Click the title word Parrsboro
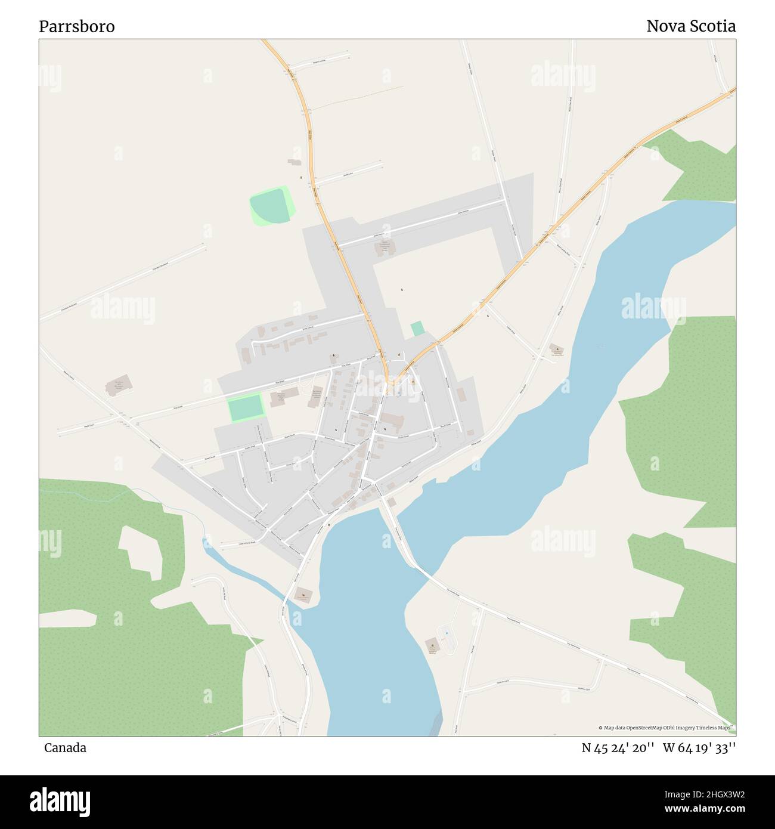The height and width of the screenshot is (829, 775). [x=77, y=26]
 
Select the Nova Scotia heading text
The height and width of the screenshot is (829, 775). [x=691, y=26]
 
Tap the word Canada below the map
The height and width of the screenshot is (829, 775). [x=65, y=748]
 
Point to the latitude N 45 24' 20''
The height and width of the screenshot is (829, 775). [x=618, y=748]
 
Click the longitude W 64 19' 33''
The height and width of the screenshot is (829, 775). [x=699, y=748]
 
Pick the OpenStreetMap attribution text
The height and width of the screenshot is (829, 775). [x=664, y=728]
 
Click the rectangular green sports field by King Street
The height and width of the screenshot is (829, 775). [x=244, y=408]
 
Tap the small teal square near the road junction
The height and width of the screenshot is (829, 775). [x=417, y=329]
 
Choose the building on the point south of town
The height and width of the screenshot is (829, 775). [x=304, y=594]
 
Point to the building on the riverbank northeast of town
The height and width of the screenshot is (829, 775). [x=556, y=350]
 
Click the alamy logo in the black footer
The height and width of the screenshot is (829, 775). [x=60, y=801]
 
